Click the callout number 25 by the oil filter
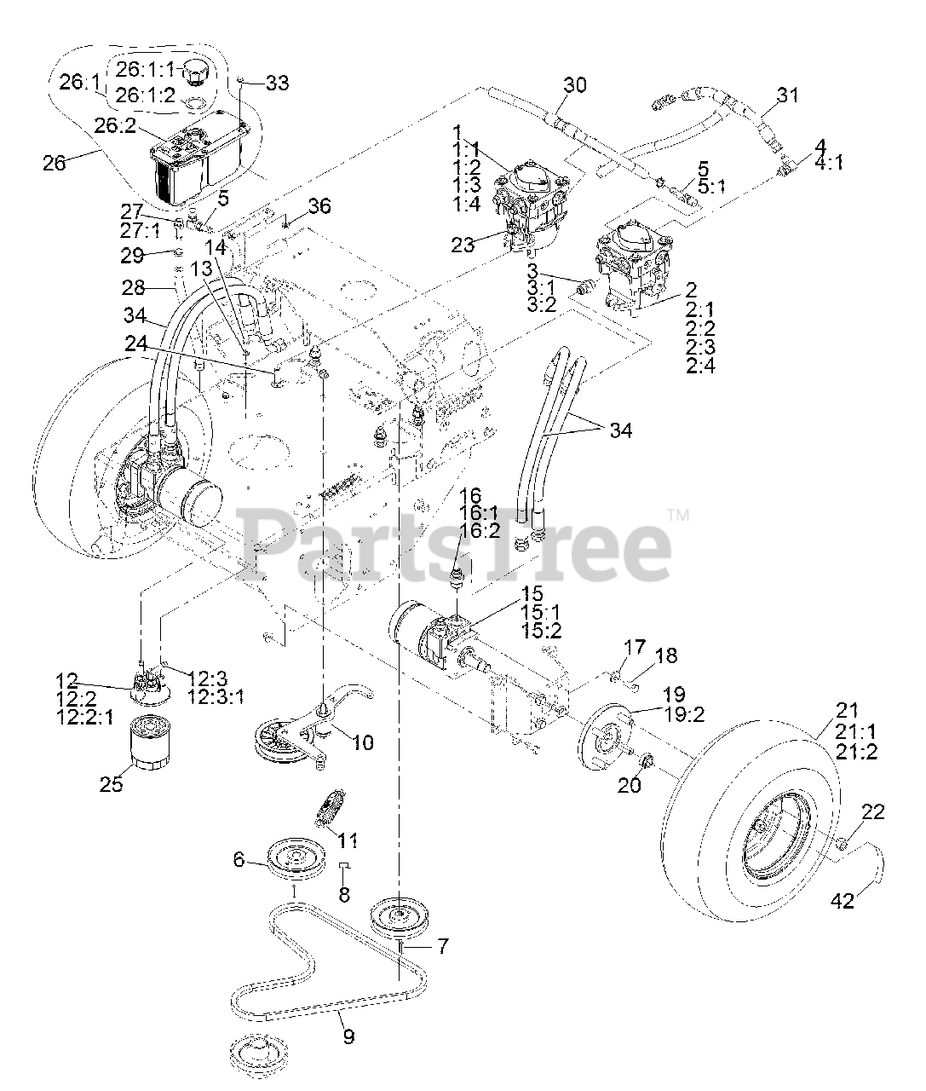[111, 784]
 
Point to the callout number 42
[842, 900]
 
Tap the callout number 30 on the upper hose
[575, 85]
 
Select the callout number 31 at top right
[788, 95]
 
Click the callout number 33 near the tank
[277, 83]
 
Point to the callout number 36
[319, 206]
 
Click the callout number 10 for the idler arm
[362, 742]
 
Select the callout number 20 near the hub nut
[629, 784]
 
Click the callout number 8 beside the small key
[344, 895]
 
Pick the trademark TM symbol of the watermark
[678, 515]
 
